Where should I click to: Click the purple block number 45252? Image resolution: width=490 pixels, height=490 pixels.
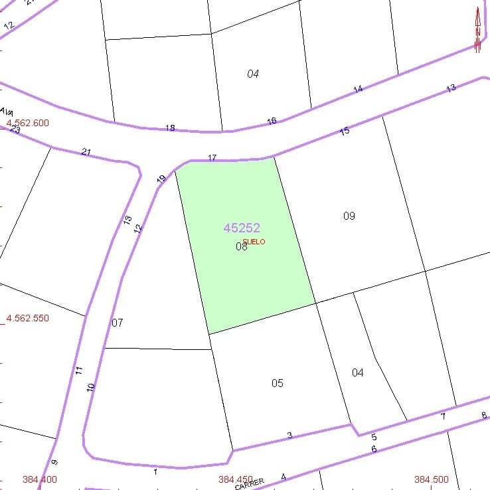242,228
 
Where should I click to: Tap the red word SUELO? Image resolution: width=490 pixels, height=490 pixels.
254,242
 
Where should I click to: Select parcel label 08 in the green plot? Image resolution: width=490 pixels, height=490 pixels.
241,246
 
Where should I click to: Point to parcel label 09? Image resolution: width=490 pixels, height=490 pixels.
349,216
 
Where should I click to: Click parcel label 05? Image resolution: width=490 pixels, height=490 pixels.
278,383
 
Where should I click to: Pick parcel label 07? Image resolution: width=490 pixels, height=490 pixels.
118,323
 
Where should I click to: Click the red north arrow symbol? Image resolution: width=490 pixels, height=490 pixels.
477,30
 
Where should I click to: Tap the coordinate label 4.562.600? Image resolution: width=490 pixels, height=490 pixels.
27,123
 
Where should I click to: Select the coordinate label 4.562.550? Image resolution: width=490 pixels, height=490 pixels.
27,318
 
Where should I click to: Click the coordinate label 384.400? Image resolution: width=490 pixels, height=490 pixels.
40,479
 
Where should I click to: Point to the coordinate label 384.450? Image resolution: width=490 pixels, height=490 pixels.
235,479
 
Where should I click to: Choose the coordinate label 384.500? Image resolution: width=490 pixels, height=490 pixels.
431,479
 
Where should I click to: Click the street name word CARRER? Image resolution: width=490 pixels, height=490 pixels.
250,484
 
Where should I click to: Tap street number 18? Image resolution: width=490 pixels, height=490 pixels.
170,128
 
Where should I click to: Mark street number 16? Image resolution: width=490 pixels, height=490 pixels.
272,121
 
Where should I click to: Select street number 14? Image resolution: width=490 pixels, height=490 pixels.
359,89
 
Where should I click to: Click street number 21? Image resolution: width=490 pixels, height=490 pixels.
86,152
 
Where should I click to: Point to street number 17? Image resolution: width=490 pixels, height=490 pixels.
212,158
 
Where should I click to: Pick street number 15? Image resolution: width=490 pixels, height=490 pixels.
345,131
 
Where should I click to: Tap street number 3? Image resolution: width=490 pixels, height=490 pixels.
289,436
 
